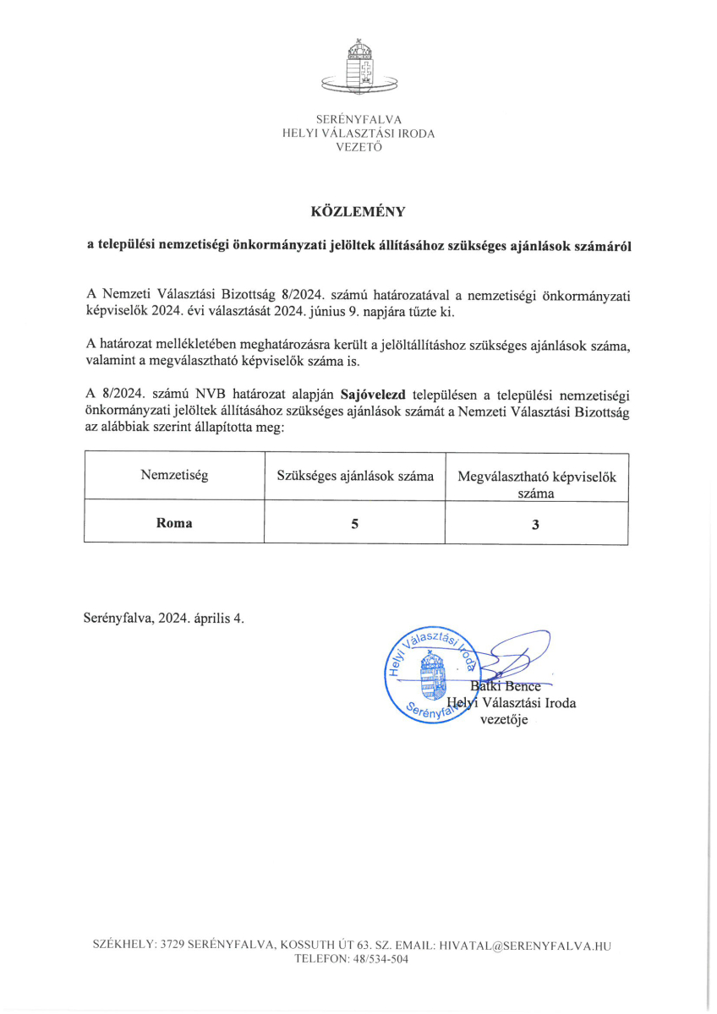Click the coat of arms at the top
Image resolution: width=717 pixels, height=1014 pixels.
pos(358,64)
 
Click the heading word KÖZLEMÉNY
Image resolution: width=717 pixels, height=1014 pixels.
pos(358,211)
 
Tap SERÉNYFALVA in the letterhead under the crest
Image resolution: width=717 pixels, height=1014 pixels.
pos(358,119)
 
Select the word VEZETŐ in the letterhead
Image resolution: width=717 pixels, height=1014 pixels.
pos(358,147)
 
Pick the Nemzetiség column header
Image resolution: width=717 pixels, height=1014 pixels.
pos(174,476)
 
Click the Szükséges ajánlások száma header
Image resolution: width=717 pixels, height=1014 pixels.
pos(355,476)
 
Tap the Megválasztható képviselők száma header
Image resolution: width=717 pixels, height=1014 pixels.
pos(536,484)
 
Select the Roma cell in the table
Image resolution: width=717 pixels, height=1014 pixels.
pos(174,523)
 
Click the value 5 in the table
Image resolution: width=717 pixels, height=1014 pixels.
pos(355,523)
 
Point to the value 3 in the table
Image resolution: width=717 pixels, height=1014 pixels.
pos(536,524)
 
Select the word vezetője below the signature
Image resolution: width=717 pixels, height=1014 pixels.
pos(504,719)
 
